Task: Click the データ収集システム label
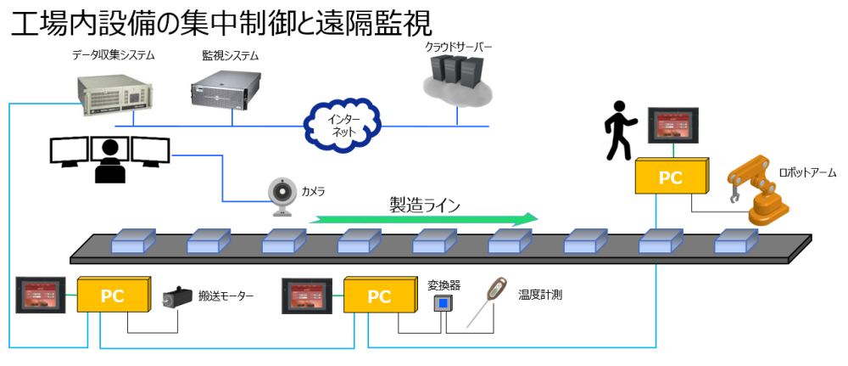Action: pyautogui.click(x=113, y=56)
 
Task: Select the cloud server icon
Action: pyautogui.click(x=458, y=80)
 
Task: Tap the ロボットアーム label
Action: pyautogui.click(x=807, y=172)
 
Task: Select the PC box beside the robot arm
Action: pyautogui.click(x=671, y=177)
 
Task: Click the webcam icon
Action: pyautogui.click(x=282, y=194)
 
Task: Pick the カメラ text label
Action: pyautogui.click(x=313, y=191)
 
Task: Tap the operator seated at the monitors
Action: pyautogui.click(x=109, y=159)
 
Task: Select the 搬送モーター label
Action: pyautogui.click(x=226, y=296)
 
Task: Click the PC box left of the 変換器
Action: pyautogui.click(x=378, y=296)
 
